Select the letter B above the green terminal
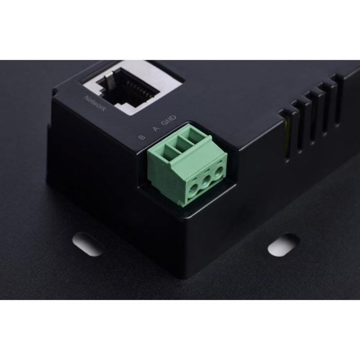click(142, 137)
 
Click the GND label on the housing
click(169, 120)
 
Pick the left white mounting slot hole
click(87, 244)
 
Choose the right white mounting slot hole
click(284, 245)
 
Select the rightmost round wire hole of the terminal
click(219, 174)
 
